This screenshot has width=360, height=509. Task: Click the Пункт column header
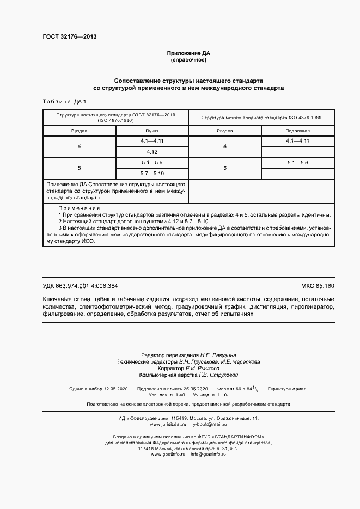(x=152, y=131)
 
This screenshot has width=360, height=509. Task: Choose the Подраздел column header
(x=297, y=131)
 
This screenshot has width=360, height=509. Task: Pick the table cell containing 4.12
(x=152, y=151)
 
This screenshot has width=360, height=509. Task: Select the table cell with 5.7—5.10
(x=152, y=173)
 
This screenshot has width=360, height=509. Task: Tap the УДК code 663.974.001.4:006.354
(x=80, y=286)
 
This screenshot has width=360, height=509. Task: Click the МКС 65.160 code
(x=318, y=286)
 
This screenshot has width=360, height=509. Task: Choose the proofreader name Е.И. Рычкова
(x=195, y=368)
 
